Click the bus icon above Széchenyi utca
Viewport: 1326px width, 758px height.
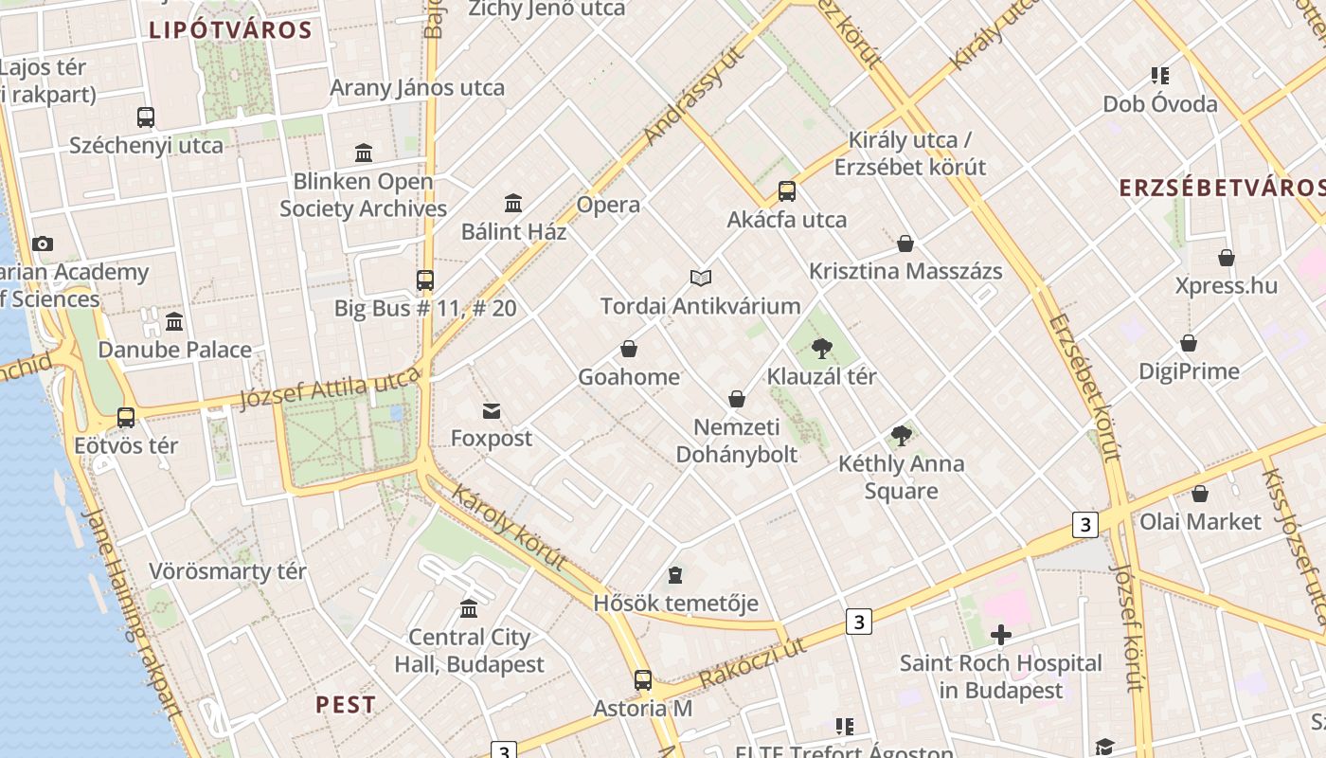(x=146, y=117)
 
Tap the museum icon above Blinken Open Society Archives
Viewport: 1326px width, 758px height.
(x=364, y=153)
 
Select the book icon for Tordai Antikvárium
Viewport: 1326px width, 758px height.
(x=701, y=278)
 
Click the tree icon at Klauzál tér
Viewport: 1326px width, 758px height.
(x=821, y=349)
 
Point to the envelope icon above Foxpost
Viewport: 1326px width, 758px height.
(x=492, y=411)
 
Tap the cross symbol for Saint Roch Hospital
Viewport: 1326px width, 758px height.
(x=1000, y=635)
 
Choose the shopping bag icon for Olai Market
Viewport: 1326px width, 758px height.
(x=1200, y=494)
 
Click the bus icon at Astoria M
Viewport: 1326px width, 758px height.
(x=643, y=679)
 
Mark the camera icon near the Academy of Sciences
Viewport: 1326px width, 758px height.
(x=43, y=244)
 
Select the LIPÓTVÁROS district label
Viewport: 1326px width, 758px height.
(x=230, y=29)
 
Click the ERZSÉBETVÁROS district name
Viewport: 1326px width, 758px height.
(x=1222, y=187)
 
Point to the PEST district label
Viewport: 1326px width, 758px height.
(x=346, y=705)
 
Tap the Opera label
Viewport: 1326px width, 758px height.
(x=608, y=205)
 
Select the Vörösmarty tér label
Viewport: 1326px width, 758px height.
(x=227, y=571)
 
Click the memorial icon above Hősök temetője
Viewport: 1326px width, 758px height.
(x=675, y=575)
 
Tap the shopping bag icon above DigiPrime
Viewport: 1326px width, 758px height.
(x=1189, y=343)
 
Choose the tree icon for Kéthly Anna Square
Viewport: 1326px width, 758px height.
(x=902, y=436)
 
